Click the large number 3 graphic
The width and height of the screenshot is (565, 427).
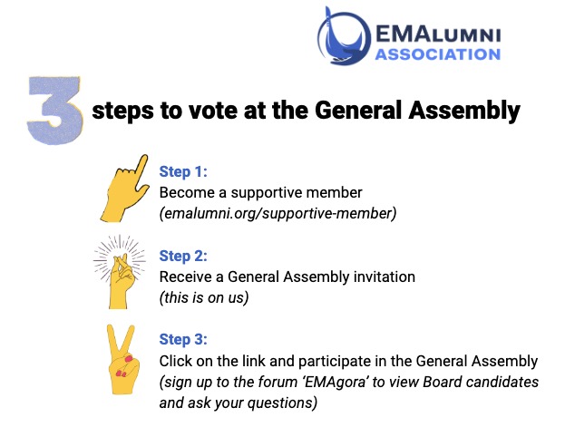point(54,111)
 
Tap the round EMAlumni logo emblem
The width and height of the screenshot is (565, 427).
point(344,37)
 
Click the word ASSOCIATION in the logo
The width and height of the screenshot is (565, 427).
point(438,54)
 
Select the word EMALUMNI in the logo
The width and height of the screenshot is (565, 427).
point(438,34)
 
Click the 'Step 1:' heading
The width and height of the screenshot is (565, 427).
point(183,171)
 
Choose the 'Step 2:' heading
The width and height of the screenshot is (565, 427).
point(183,256)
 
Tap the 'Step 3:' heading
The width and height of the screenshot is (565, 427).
point(183,339)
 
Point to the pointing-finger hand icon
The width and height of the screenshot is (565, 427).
point(124,188)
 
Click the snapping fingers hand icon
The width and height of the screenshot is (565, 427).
point(120,272)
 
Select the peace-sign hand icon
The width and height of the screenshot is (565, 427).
point(122,359)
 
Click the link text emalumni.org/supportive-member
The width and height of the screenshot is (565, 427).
point(278,213)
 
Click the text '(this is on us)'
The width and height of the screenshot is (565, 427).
point(204,297)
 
